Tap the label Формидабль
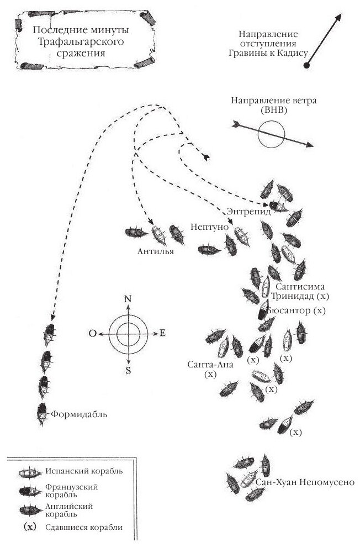point(80,413)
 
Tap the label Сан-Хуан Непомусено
point(304,482)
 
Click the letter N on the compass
point(128,299)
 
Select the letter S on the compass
point(128,371)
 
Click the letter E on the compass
point(163,333)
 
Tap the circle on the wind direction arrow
point(272,134)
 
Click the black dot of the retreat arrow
point(307,66)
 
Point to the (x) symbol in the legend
point(30,527)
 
